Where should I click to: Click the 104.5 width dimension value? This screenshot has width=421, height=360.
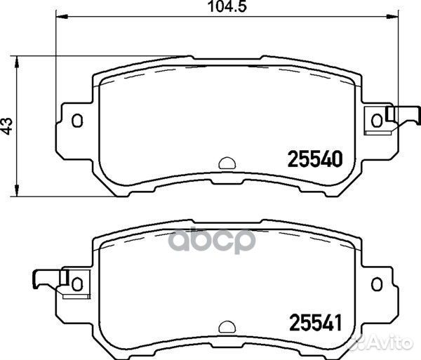227,7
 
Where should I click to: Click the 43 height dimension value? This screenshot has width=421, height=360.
7,126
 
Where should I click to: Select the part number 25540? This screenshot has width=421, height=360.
315,159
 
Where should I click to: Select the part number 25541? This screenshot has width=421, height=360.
315,323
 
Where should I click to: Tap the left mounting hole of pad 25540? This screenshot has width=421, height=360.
77,121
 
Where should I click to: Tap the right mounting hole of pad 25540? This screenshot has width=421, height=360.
376,121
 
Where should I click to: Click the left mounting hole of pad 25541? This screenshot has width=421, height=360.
77,284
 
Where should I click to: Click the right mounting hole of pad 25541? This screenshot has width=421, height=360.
376,284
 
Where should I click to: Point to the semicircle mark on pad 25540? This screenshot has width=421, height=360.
227,164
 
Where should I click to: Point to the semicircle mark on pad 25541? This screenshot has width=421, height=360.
227,327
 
